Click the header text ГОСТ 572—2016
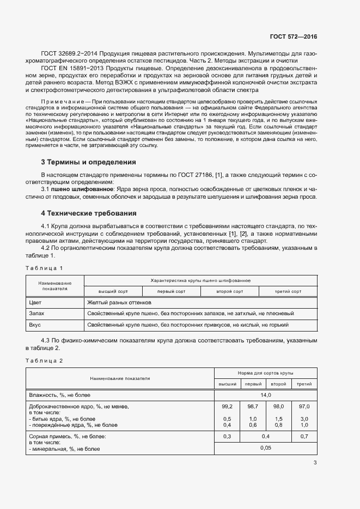click(x=293, y=37)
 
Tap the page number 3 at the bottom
click(x=315, y=463)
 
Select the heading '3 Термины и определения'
click(x=89, y=162)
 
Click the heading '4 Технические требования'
click(x=89, y=213)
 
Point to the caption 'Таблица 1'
click(x=45, y=268)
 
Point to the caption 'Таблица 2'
click(x=45, y=360)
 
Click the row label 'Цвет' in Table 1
click(x=35, y=302)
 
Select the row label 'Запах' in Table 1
click(x=36, y=314)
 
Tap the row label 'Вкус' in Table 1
click(x=35, y=325)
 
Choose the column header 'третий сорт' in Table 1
click(x=288, y=292)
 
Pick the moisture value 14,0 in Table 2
click(x=266, y=395)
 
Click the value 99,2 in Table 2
click(x=227, y=407)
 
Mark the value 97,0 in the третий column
click(x=304, y=407)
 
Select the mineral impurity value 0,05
click(x=266, y=447)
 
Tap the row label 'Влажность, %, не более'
click(x=59, y=395)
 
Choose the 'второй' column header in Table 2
click(x=278, y=384)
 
